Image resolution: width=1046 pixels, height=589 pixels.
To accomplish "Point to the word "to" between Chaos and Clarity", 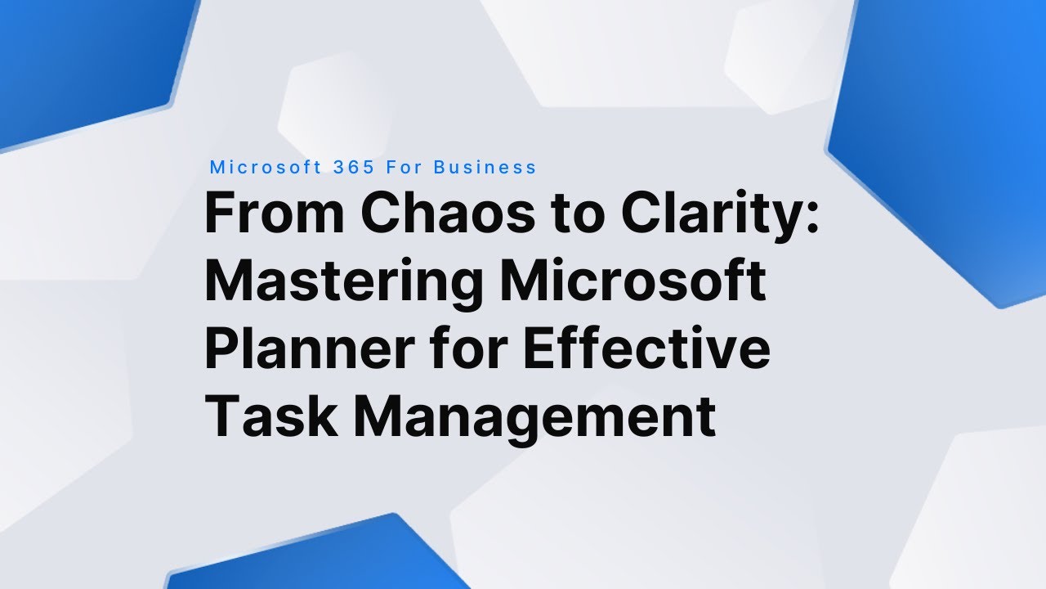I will pyautogui.click(x=577, y=214).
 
